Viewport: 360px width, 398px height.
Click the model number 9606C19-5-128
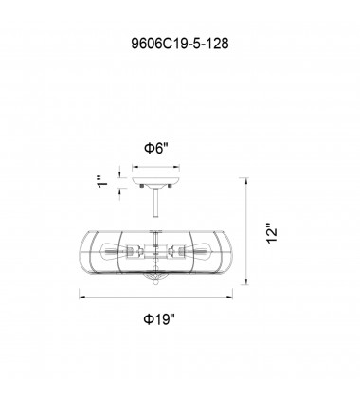[x=180, y=44]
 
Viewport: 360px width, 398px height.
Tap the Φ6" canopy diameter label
[x=155, y=148]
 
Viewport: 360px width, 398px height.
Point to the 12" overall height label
[x=272, y=234]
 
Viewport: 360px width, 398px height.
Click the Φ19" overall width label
[x=159, y=319]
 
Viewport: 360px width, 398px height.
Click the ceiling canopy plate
[x=155, y=181]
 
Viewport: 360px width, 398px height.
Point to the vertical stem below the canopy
[x=155, y=202]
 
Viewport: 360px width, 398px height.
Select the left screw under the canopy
[x=142, y=186]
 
